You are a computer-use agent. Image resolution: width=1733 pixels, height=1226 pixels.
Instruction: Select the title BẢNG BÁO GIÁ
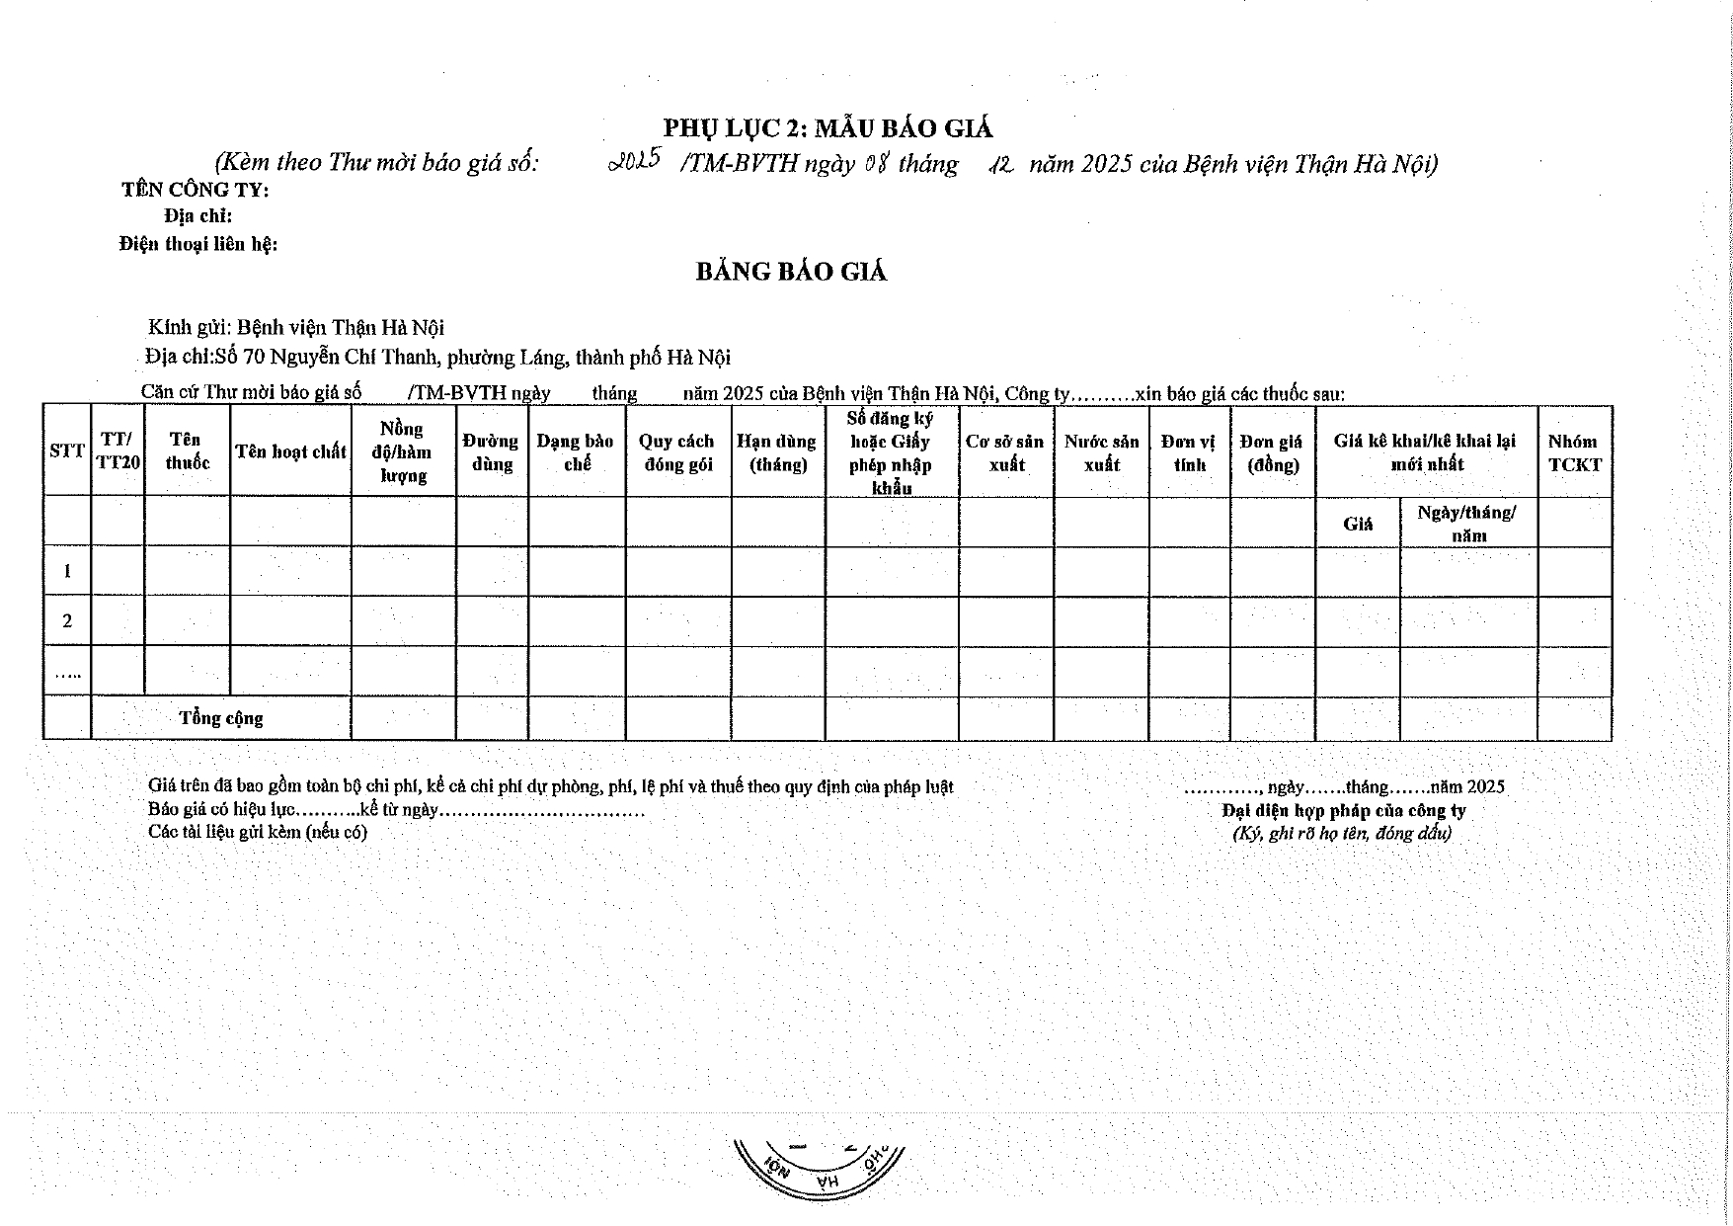click(x=791, y=272)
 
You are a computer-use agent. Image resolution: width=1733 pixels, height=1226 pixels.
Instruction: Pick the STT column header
click(x=66, y=451)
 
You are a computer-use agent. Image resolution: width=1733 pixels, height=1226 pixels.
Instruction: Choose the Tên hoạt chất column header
click(x=290, y=451)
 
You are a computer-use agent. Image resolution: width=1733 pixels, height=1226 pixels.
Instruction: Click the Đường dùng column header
click(x=491, y=452)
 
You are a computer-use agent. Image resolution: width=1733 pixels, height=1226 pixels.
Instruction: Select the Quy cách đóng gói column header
click(x=676, y=452)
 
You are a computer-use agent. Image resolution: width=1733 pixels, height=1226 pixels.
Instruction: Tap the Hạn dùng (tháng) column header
click(x=776, y=452)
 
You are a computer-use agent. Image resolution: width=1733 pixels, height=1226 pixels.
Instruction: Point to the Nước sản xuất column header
click(x=1101, y=452)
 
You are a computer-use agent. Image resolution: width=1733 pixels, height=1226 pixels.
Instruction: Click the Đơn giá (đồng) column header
click(x=1272, y=452)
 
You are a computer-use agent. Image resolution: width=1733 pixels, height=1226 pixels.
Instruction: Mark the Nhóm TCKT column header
click(x=1574, y=452)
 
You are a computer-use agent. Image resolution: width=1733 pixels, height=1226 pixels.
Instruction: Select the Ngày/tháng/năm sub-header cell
click(x=1467, y=524)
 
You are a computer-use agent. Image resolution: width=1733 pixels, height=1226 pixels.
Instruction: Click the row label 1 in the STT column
click(x=67, y=571)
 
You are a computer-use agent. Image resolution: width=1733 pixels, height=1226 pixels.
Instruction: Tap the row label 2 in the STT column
click(x=67, y=621)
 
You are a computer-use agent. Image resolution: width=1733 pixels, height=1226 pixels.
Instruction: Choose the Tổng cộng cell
click(x=221, y=718)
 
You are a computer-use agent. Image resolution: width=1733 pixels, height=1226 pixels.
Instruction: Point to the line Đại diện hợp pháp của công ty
click(x=1344, y=810)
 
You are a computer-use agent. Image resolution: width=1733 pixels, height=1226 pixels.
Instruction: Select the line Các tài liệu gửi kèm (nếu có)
click(x=258, y=832)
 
